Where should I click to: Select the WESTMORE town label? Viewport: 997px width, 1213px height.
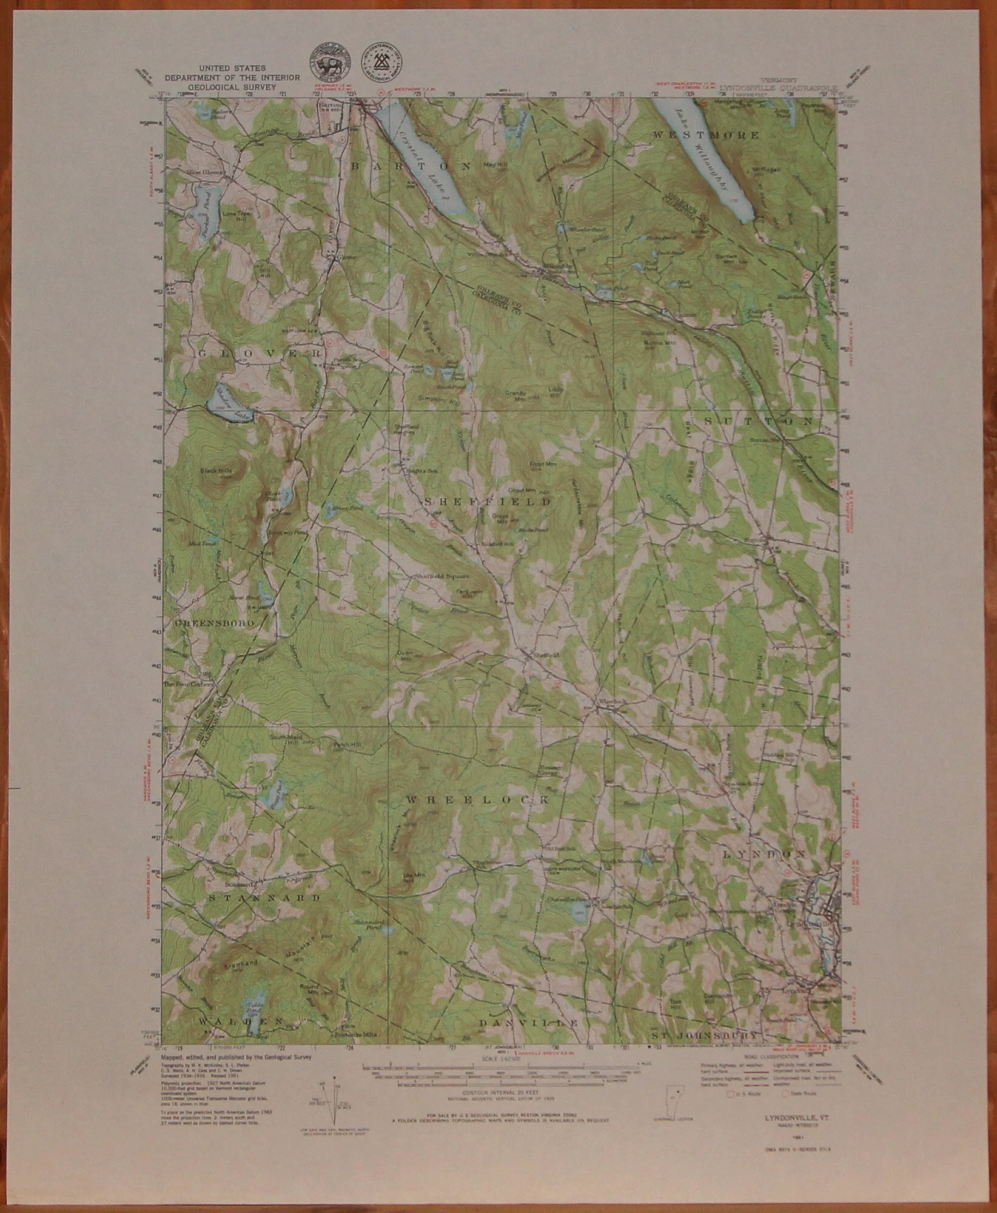coord(705,135)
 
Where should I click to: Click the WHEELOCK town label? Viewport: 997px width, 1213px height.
coord(477,800)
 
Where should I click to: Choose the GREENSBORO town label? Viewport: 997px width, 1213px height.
coord(205,622)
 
